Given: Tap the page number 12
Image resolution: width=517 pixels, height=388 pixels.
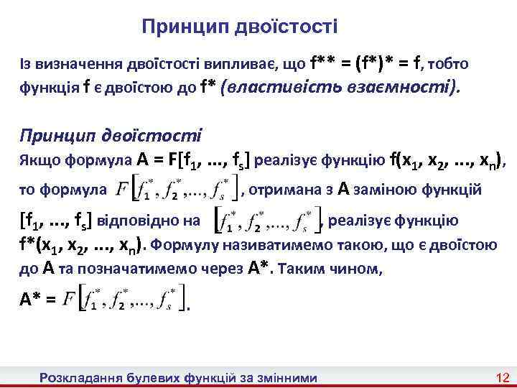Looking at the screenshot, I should click(x=502, y=377).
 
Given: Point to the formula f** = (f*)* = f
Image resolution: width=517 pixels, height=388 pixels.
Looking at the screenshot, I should click(x=366, y=64).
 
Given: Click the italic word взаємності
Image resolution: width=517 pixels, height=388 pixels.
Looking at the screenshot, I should click(x=406, y=88).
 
